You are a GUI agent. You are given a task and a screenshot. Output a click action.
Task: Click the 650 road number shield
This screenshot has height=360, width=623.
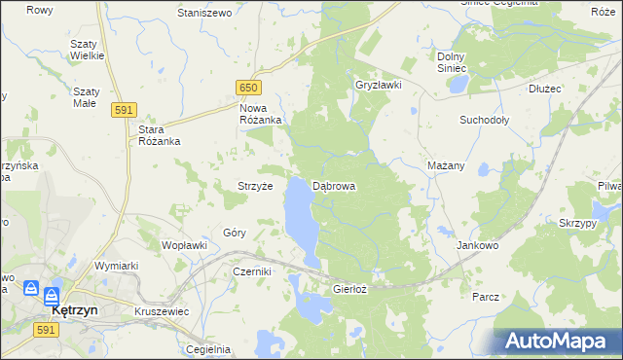tap(249, 88)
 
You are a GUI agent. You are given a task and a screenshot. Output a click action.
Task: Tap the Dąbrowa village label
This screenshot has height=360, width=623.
tap(334, 185)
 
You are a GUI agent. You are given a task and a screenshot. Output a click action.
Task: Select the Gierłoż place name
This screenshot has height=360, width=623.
tap(349, 289)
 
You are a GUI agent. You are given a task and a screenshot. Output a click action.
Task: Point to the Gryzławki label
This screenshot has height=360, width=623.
tap(379, 86)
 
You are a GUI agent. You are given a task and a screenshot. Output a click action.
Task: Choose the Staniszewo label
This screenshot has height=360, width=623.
tap(203, 14)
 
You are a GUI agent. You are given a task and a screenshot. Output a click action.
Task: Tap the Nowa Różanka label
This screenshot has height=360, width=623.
tap(261, 114)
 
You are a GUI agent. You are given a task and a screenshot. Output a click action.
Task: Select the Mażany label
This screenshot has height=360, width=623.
tap(446, 165)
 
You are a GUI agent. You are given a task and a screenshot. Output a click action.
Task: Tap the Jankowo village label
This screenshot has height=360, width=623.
tap(478, 246)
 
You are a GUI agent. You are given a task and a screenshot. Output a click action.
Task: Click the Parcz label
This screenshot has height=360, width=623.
tap(485, 296)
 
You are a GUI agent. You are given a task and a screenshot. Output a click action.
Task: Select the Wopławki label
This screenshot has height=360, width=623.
tap(184, 245)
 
